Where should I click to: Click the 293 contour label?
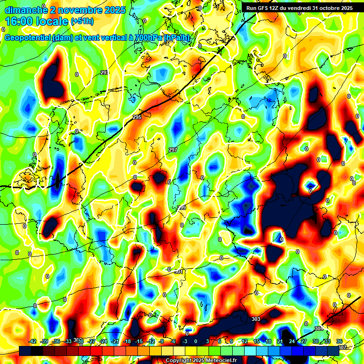104,73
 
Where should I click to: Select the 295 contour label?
137,117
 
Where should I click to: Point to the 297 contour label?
173,150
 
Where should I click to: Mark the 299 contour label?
182,208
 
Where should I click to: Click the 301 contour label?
178,272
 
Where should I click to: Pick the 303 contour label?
256,319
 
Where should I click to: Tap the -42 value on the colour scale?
33,342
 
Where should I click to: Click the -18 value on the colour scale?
127,342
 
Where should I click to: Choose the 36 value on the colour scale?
339,342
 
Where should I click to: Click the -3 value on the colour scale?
185,342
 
